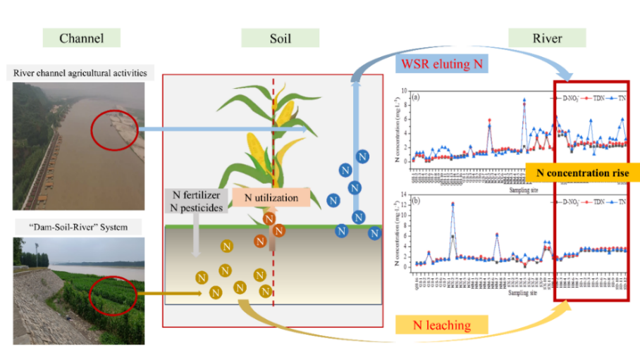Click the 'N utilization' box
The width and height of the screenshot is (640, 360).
271,198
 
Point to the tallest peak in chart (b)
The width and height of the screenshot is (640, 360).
453,204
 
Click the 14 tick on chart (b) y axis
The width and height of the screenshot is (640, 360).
404,194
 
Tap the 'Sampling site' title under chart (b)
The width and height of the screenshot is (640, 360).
520,292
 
